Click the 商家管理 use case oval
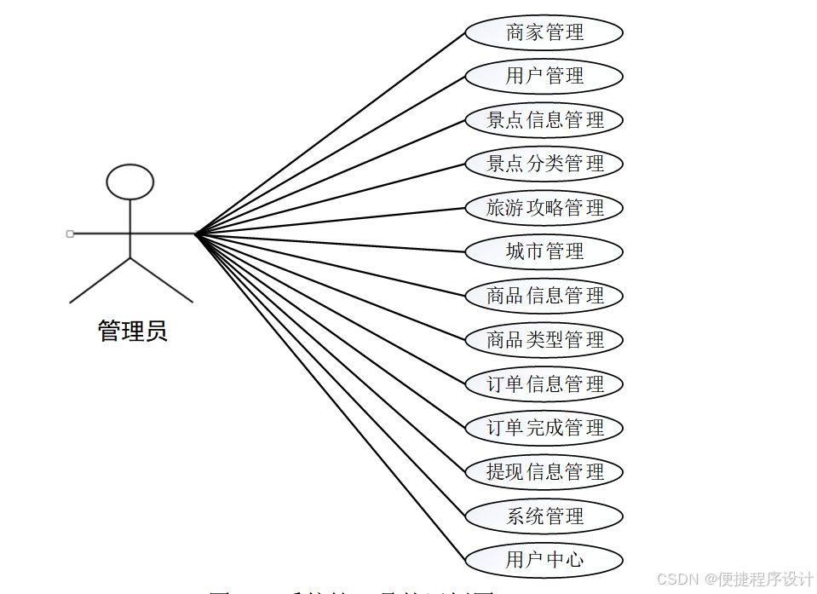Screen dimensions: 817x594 pyautogui.click(x=544, y=33)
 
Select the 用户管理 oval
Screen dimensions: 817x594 pyautogui.click(x=544, y=77)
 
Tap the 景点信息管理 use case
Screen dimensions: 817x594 pyautogui.click(x=544, y=120)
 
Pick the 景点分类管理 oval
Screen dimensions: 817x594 pyautogui.click(x=544, y=164)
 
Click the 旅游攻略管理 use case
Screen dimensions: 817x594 pyautogui.click(x=544, y=208)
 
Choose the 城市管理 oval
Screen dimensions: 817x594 pyautogui.click(x=544, y=252)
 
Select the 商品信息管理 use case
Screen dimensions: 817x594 pyautogui.click(x=544, y=297)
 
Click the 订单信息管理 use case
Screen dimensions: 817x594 pyautogui.click(x=544, y=384)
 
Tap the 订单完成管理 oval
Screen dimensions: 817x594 pyautogui.click(x=544, y=428)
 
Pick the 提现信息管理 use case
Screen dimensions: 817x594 pyautogui.click(x=544, y=472)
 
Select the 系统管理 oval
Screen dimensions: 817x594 pyautogui.click(x=544, y=516)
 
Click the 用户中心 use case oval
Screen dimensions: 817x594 pyautogui.click(x=544, y=560)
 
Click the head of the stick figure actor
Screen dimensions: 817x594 pyautogui.click(x=130, y=182)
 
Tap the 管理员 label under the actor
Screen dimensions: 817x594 pyautogui.click(x=133, y=331)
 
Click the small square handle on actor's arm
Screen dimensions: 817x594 pyautogui.click(x=70, y=234)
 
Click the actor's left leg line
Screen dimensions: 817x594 pyautogui.click(x=100, y=280)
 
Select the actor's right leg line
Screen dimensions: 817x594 pyautogui.click(x=162, y=280)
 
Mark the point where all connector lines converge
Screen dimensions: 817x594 pyautogui.click(x=196, y=234)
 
